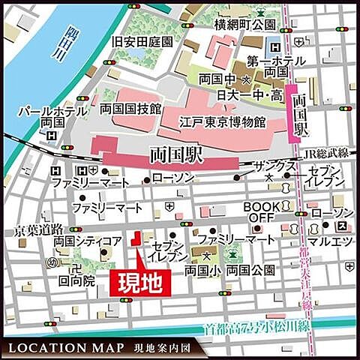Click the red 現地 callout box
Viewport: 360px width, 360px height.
(x=142, y=282)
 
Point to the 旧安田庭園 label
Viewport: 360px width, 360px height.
(x=142, y=42)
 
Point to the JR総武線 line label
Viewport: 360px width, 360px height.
(x=327, y=154)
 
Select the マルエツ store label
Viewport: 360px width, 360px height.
(x=332, y=241)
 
